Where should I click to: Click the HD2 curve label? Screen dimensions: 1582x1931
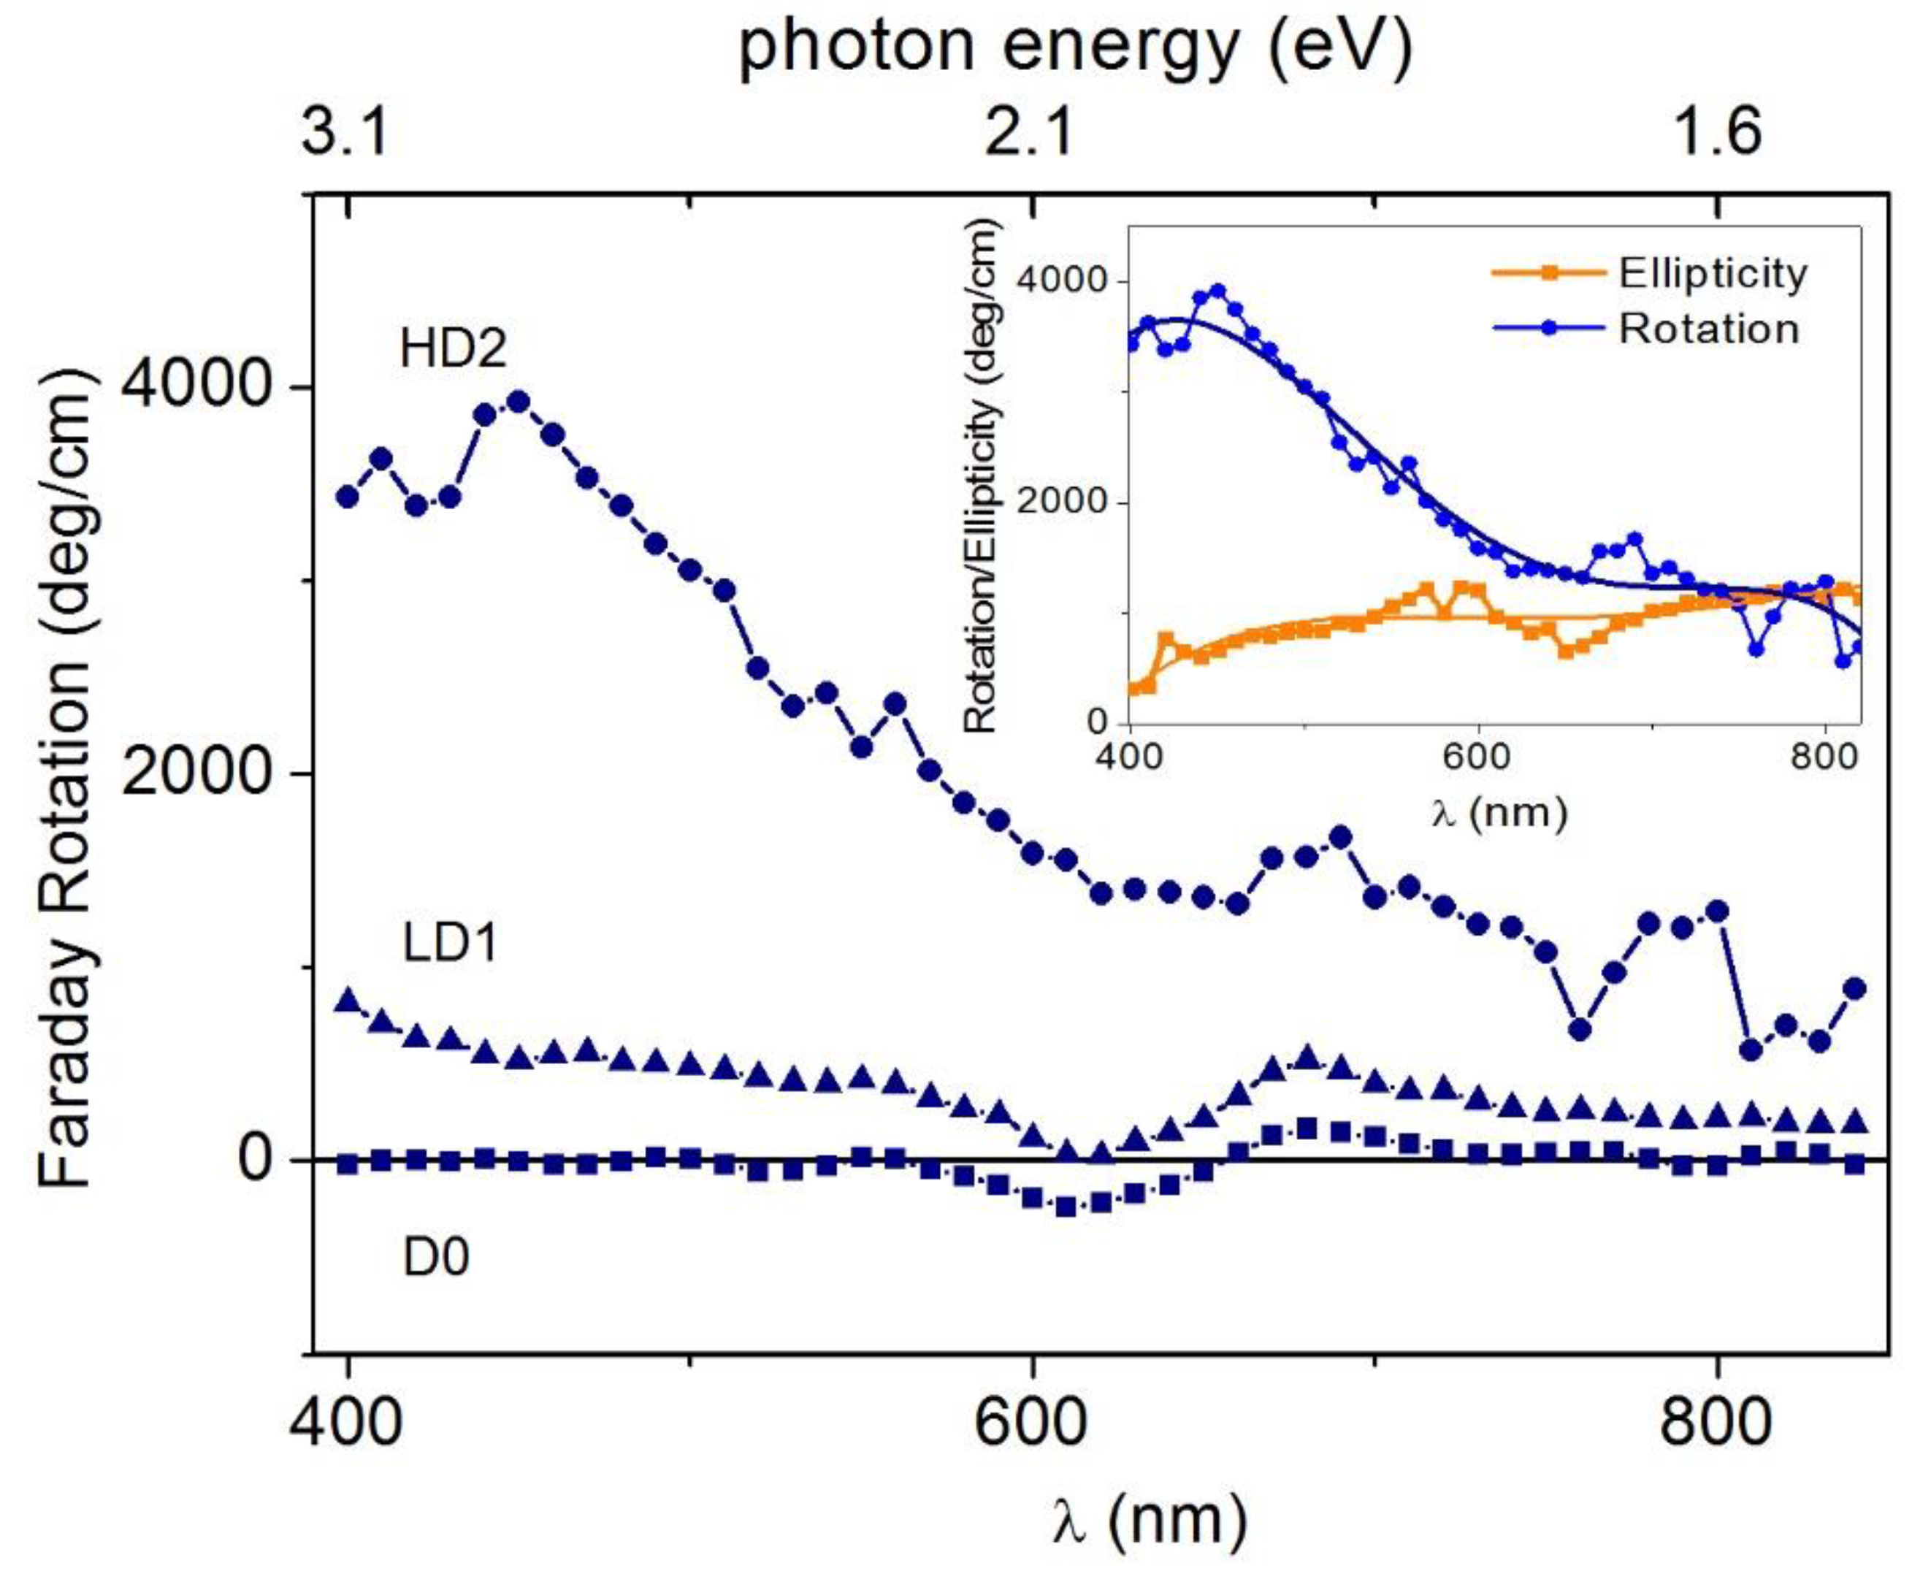click(453, 349)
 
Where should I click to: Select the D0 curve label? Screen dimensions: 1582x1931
click(437, 1258)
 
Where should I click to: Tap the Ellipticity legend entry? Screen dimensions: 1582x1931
click(1711, 273)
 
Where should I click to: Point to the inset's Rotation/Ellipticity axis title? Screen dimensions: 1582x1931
click(982, 478)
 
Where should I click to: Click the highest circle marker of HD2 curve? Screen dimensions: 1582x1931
click(518, 402)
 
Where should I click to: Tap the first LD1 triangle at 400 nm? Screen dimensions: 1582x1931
click(347, 1001)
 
